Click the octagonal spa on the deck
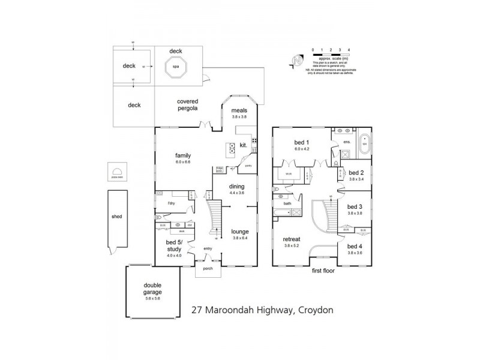coord(176,67)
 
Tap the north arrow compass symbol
coord(296,61)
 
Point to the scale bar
coord(331,55)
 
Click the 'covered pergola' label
coord(188,105)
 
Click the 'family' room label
coord(182,155)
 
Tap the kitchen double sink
coord(231,148)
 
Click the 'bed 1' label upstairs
coord(301,141)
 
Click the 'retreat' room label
coord(292,239)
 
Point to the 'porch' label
coord(207,268)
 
